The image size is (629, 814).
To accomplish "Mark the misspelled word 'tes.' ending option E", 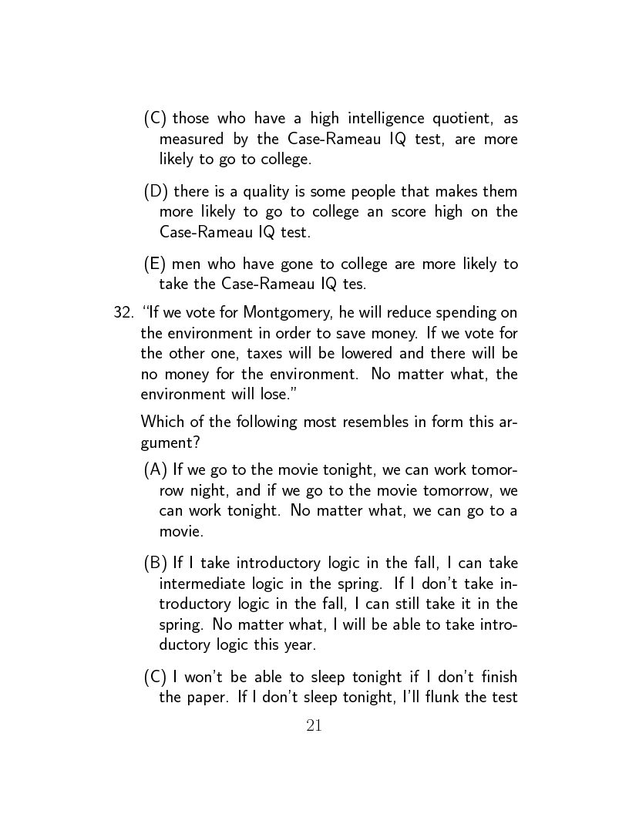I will point(354,284).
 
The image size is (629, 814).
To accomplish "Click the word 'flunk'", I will point(442,698).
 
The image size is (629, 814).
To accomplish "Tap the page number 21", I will point(314,725).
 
